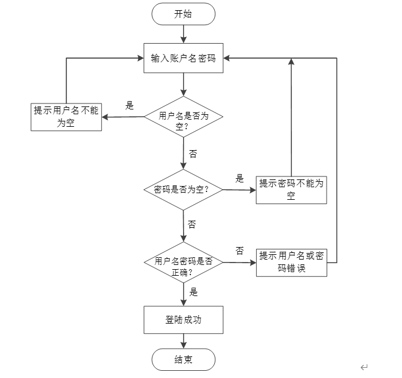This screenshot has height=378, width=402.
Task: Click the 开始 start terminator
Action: pos(183,14)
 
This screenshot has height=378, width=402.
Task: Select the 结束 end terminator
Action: pos(183,359)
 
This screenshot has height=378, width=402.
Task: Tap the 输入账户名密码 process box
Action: pos(183,58)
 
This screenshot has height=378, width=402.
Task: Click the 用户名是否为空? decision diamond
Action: pos(184,117)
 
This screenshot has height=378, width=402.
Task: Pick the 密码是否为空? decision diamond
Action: pos(183,190)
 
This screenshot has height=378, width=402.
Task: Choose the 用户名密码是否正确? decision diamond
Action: pos(183,263)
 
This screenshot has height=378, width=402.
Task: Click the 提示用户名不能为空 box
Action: pos(66,117)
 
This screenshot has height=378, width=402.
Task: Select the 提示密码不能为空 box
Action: pos(291,190)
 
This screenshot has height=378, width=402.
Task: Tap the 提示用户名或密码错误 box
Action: pos(291,263)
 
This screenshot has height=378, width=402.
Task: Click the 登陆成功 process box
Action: pos(183,320)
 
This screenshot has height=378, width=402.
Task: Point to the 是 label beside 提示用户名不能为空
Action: pos(129,105)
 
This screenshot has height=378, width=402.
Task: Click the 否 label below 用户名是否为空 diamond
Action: pos(193,154)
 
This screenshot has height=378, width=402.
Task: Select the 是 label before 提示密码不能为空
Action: pos(239,178)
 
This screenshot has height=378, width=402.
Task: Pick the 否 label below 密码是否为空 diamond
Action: pos(192,224)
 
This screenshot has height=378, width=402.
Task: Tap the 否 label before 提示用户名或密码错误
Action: pos(240,251)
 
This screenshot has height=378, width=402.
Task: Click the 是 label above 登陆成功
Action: pos(194,292)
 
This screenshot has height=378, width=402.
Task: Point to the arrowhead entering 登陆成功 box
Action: pos(184,303)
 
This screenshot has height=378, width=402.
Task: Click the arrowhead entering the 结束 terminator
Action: pos(184,345)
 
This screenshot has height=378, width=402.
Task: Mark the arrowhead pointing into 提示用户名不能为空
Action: pos(105,117)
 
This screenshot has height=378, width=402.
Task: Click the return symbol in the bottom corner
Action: pos(364,367)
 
